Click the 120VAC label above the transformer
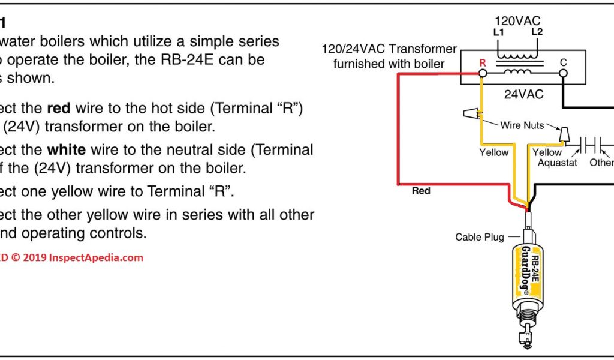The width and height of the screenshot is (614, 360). click(517, 21)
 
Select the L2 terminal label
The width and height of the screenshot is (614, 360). click(537, 32)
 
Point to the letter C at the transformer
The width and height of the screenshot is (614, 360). click(563, 62)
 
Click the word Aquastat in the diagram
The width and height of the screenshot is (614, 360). click(557, 163)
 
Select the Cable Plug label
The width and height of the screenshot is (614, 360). click(480, 237)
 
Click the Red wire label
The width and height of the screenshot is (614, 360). click(421, 191)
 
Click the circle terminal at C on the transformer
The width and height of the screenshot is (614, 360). click(563, 73)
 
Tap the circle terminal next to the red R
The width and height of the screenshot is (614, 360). click(481, 73)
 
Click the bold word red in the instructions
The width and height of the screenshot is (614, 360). click(59, 109)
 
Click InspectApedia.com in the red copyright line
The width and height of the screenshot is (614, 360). click(96, 258)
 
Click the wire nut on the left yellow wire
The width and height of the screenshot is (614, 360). click(472, 113)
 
